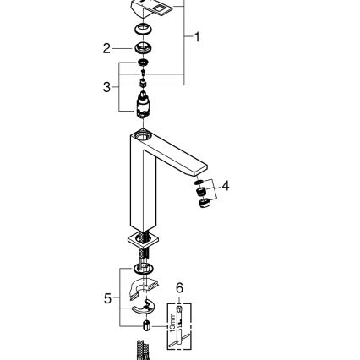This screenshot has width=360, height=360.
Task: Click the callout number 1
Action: (x=197, y=37)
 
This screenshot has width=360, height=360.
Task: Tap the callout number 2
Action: (x=107, y=48)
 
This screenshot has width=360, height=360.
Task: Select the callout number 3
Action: (x=107, y=86)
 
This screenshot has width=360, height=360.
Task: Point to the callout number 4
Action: (x=225, y=185)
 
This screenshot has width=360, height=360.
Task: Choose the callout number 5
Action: (x=107, y=297)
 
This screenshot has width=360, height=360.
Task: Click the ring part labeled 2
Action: (x=141, y=47)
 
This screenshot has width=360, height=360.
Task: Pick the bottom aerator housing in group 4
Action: (x=204, y=202)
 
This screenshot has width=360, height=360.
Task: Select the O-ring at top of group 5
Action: (x=142, y=269)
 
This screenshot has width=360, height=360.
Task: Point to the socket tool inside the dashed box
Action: (x=180, y=323)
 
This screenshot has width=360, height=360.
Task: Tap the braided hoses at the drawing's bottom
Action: (x=142, y=348)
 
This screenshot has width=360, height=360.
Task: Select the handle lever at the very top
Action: (x=150, y=9)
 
